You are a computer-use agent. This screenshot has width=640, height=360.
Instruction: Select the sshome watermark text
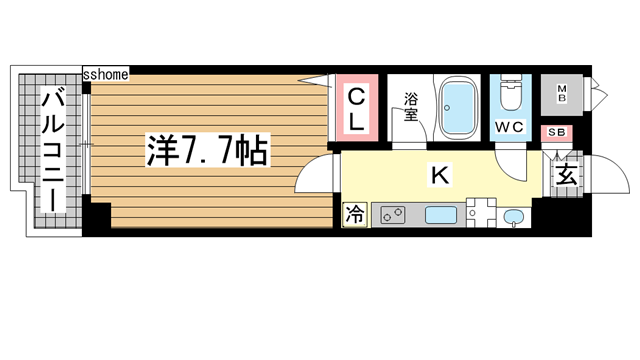(105, 74)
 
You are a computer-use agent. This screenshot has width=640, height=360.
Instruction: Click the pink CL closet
(356, 109)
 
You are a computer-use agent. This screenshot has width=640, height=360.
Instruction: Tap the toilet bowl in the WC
(511, 96)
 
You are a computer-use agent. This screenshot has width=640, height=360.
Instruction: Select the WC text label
(511, 128)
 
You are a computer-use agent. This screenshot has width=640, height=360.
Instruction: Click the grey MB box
(563, 96)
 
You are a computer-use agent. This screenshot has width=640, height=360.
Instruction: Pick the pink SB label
(555, 132)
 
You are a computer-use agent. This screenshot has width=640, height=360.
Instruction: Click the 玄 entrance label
(565, 177)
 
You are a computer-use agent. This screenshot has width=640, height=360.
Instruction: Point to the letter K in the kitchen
(438, 177)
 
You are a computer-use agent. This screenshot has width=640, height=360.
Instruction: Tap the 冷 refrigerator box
(355, 213)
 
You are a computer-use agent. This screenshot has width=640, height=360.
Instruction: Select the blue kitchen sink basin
(440, 214)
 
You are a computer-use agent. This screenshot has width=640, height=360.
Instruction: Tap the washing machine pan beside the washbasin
(479, 213)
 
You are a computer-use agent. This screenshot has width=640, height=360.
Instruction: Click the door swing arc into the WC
(513, 164)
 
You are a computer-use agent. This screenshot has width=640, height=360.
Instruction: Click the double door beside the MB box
(596, 96)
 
